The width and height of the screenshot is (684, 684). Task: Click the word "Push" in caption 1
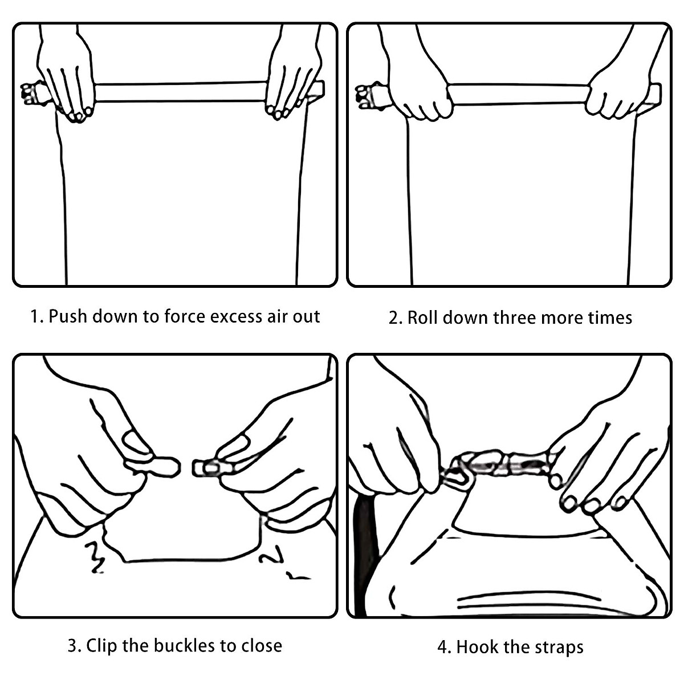(67, 316)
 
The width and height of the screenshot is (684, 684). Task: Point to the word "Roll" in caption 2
(423, 317)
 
